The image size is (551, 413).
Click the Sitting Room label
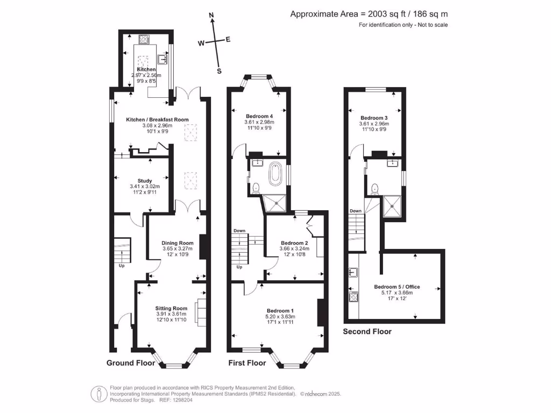[x=172, y=308]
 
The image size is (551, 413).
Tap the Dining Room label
[x=178, y=243]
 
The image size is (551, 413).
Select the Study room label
[x=145, y=181]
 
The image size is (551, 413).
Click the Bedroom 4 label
[x=259, y=116]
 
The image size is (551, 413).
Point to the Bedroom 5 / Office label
[x=397, y=287]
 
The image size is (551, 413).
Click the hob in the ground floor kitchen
[x=144, y=39]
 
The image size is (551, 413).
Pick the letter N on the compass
[x=212, y=15]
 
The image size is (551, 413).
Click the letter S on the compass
[x=219, y=70]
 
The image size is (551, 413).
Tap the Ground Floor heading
[x=131, y=363]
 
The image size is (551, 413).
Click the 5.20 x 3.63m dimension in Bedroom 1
[x=281, y=316]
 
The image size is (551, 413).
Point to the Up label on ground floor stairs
[x=122, y=265]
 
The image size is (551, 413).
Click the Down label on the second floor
[x=356, y=211]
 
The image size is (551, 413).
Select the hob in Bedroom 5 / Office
[x=354, y=296]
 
